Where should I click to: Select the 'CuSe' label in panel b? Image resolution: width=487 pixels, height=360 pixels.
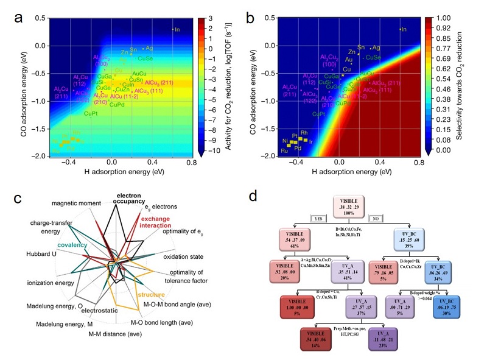point(373,57)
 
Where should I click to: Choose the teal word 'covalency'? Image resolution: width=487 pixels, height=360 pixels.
point(73,244)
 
